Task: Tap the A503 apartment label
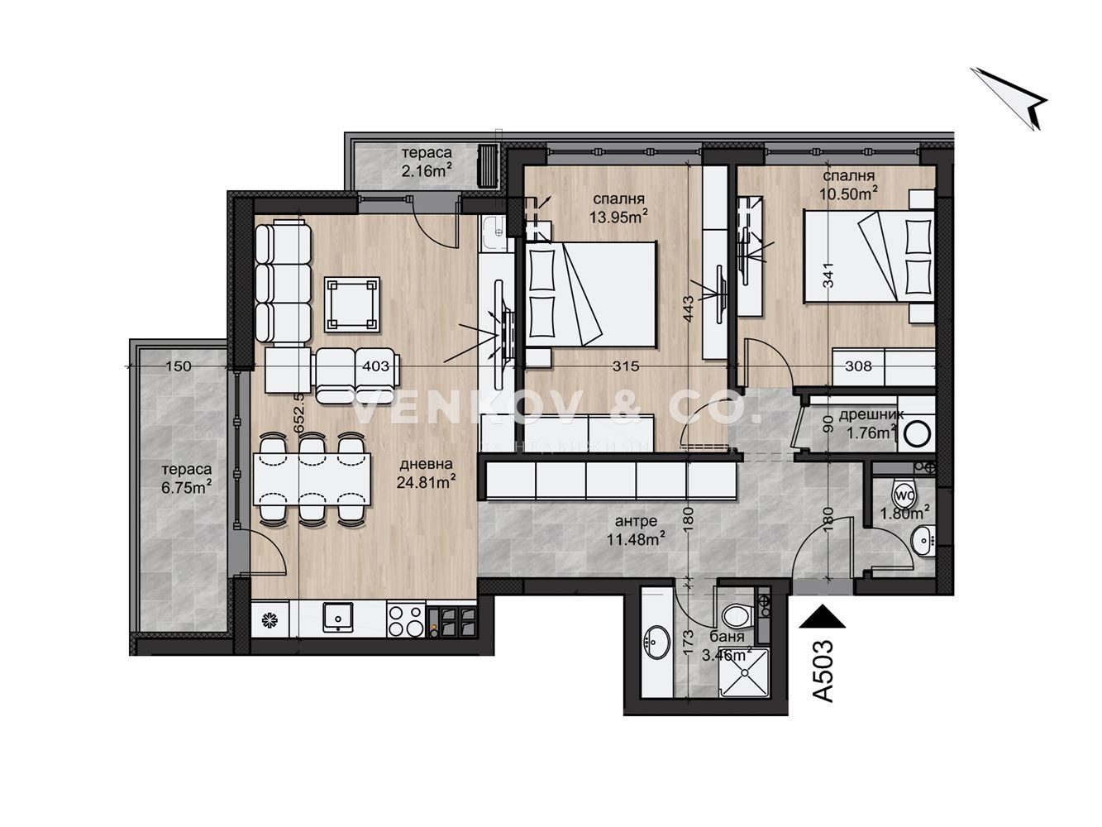[824, 671]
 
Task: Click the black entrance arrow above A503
[823, 615]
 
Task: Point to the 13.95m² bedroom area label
[618, 208]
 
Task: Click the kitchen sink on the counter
[338, 616]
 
